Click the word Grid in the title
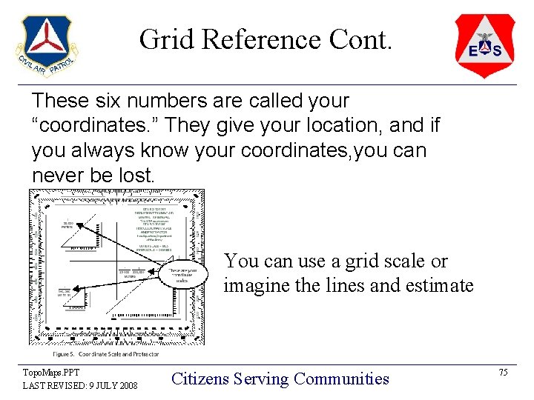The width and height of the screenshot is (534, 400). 165,39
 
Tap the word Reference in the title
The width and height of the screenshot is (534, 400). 258,39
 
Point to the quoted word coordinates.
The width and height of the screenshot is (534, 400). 88,125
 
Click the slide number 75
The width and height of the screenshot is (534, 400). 503,373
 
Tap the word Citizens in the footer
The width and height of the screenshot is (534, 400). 199,379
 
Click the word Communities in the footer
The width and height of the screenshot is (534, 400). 341,379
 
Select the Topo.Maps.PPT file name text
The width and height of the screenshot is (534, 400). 50,373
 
